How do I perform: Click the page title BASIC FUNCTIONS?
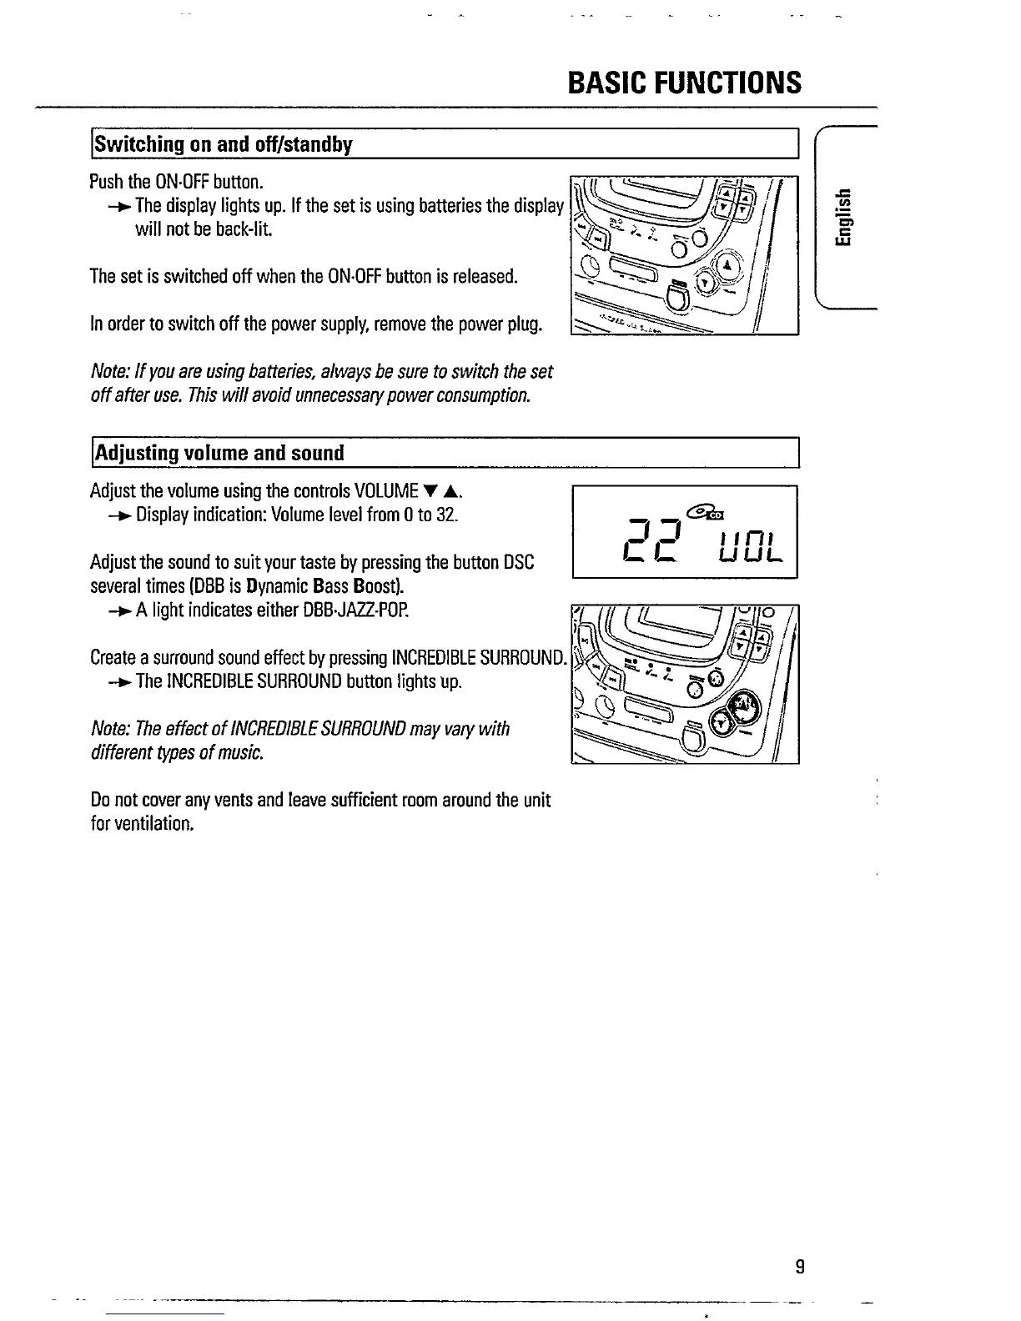(x=684, y=83)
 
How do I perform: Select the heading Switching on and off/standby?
(x=224, y=144)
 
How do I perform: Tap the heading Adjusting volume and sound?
(x=219, y=454)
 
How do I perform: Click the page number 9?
(x=799, y=1268)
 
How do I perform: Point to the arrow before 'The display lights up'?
(x=119, y=205)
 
